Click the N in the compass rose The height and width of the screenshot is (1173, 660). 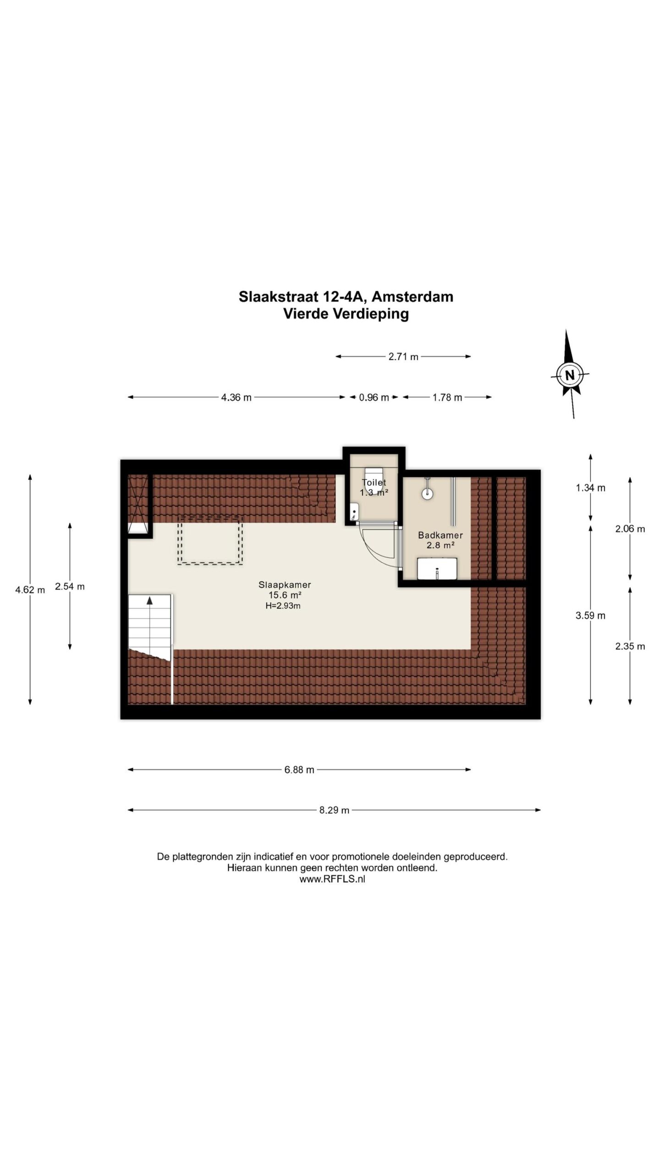point(570,375)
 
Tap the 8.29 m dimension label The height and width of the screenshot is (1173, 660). point(334,810)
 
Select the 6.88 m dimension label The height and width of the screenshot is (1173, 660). point(299,770)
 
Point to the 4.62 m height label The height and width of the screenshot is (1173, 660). point(30,590)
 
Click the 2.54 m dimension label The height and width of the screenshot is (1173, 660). point(70,586)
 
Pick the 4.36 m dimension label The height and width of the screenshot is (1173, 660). point(236,397)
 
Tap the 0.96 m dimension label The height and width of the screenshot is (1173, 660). point(374,397)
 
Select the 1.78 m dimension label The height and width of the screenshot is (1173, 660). point(447,397)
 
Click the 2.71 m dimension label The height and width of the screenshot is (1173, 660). point(403,356)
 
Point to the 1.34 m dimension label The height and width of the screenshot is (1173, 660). point(590,488)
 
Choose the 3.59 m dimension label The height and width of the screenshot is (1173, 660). point(590,615)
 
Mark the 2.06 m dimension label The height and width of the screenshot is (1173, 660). point(630,529)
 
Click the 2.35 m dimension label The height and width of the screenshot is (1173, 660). point(630,646)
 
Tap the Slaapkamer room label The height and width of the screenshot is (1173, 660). point(285,585)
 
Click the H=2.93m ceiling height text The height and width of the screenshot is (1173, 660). point(283,606)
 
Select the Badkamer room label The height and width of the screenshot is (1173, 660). point(440,535)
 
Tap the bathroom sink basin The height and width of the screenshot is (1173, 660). point(437,569)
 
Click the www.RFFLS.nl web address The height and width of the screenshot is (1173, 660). point(332,879)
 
